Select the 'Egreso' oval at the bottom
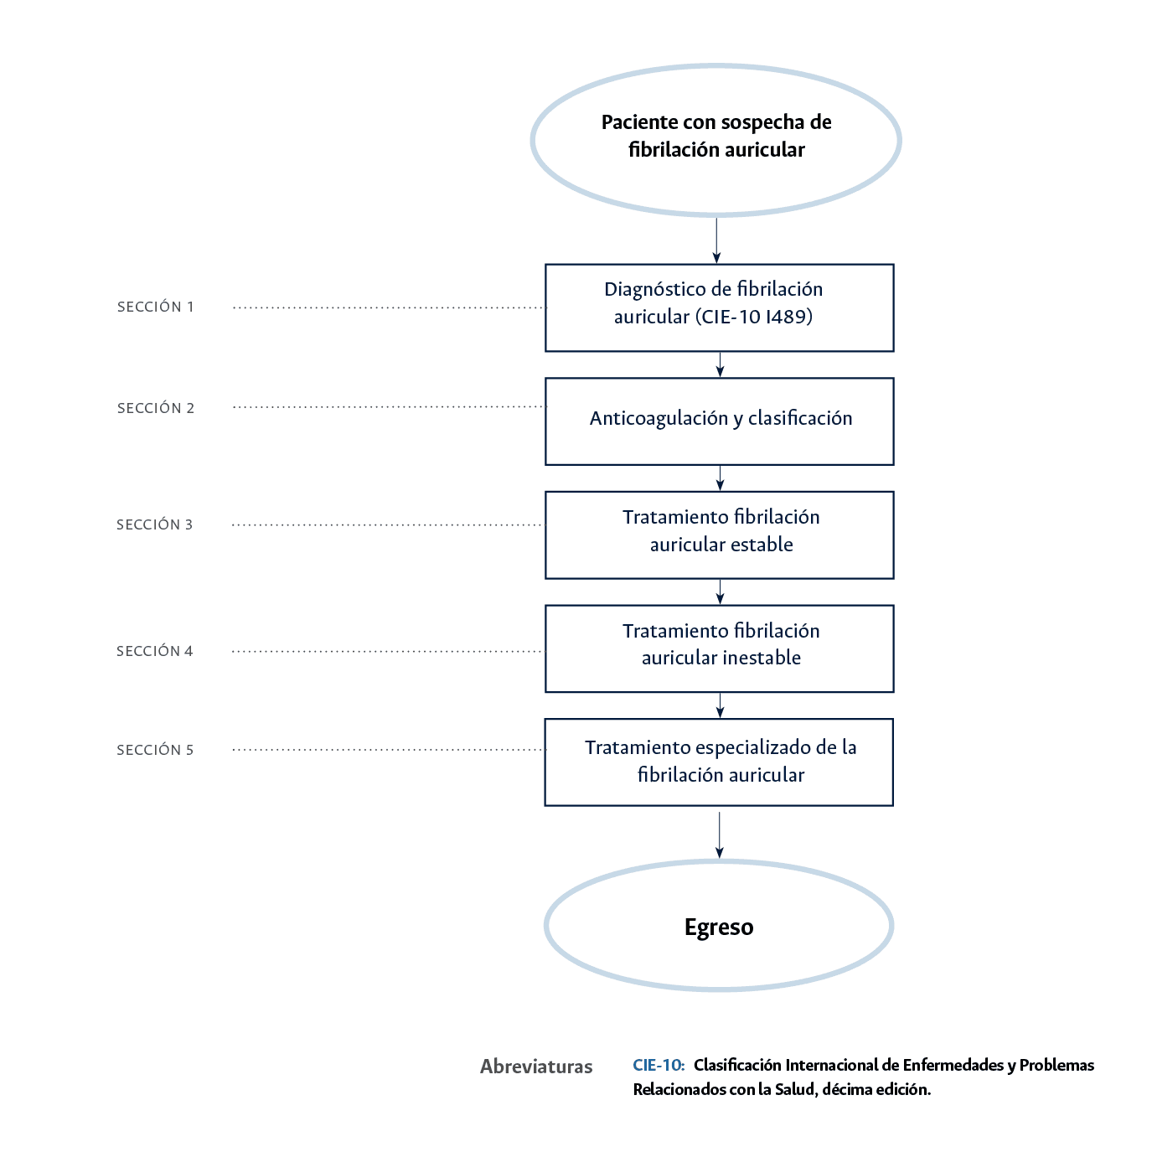[x=719, y=927]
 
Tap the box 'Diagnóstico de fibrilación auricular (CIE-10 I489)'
[x=719, y=307]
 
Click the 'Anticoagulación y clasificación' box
[x=719, y=421]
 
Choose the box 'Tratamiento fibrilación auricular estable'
[x=719, y=535]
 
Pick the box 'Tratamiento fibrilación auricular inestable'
[x=719, y=648]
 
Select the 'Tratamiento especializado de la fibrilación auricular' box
[x=719, y=762]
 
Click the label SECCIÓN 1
[x=156, y=307]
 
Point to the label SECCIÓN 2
[x=156, y=408]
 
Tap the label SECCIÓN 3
[x=155, y=524]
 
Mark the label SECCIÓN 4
[x=155, y=651]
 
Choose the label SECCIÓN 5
[x=155, y=750]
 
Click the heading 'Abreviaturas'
[x=536, y=1067]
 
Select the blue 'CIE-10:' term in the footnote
[x=659, y=1065]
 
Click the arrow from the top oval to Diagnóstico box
[x=716, y=241]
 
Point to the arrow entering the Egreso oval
[x=719, y=835]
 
